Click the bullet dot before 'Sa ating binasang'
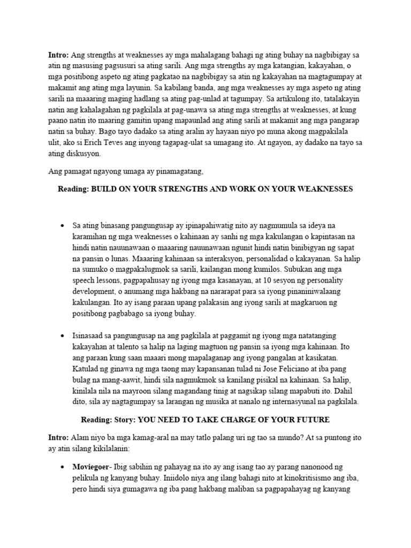pyautogui.click(x=63, y=225)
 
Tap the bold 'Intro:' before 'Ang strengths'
pyautogui.click(x=57, y=55)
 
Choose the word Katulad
pyautogui.click(x=86, y=369)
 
